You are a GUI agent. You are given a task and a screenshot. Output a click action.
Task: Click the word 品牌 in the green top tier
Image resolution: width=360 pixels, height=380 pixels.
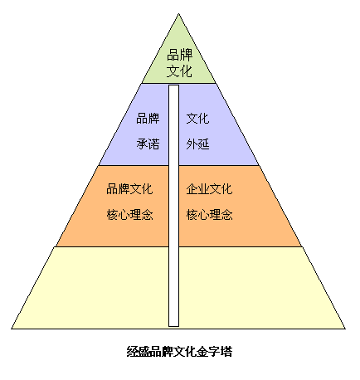point(179,55)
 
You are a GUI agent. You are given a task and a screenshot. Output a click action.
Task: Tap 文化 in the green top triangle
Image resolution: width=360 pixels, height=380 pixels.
point(179,71)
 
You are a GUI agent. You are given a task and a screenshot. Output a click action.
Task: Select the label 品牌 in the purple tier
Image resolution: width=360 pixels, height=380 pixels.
point(148,119)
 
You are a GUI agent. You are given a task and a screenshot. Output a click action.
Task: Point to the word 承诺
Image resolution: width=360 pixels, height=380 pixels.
point(148,144)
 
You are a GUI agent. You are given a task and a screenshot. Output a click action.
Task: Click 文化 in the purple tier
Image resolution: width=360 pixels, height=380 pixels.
point(197,119)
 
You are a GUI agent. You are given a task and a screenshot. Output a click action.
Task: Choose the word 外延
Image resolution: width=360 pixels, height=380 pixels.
point(197,144)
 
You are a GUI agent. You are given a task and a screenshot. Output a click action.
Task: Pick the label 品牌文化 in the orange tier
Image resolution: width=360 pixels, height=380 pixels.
point(129,189)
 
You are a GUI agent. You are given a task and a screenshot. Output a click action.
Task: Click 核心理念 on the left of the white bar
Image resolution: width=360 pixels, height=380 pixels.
point(129,215)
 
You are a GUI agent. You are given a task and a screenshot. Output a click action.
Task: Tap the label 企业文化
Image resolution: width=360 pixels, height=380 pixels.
point(209,189)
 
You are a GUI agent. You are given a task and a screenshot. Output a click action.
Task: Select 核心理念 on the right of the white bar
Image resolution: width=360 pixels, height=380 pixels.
point(209,215)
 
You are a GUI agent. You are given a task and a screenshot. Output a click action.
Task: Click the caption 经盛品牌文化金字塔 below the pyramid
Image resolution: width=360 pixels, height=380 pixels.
point(179,352)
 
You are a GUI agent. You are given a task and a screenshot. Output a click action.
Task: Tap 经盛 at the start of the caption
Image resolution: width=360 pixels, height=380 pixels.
point(139,352)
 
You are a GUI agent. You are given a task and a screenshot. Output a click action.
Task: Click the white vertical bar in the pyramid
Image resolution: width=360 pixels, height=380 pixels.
point(173,206)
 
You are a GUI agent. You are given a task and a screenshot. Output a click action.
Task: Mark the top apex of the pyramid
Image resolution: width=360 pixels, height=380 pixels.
point(178,13)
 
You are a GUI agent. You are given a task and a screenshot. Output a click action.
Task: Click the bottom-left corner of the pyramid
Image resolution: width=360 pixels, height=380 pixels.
point(12,329)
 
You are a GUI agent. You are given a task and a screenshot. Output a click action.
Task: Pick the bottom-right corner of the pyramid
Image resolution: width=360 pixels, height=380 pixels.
point(345,329)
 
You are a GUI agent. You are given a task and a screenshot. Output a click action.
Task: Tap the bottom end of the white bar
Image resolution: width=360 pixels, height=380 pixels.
point(173,327)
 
